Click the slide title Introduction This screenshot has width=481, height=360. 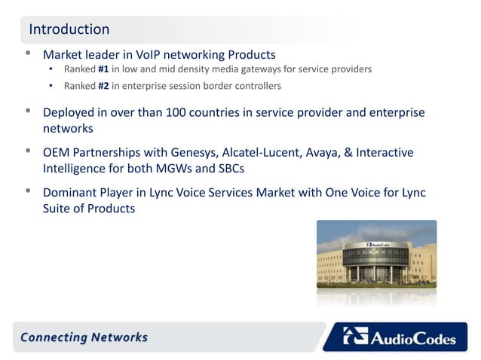(69, 29)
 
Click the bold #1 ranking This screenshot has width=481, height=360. (104, 70)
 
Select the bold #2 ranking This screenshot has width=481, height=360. (104, 86)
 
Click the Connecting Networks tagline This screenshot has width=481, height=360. (84, 337)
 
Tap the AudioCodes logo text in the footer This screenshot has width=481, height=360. (412, 339)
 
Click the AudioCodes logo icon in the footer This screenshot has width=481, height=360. (355, 336)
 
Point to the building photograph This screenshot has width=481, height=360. (376, 260)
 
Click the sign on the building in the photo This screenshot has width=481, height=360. (378, 244)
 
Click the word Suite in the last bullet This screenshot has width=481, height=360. (58, 209)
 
